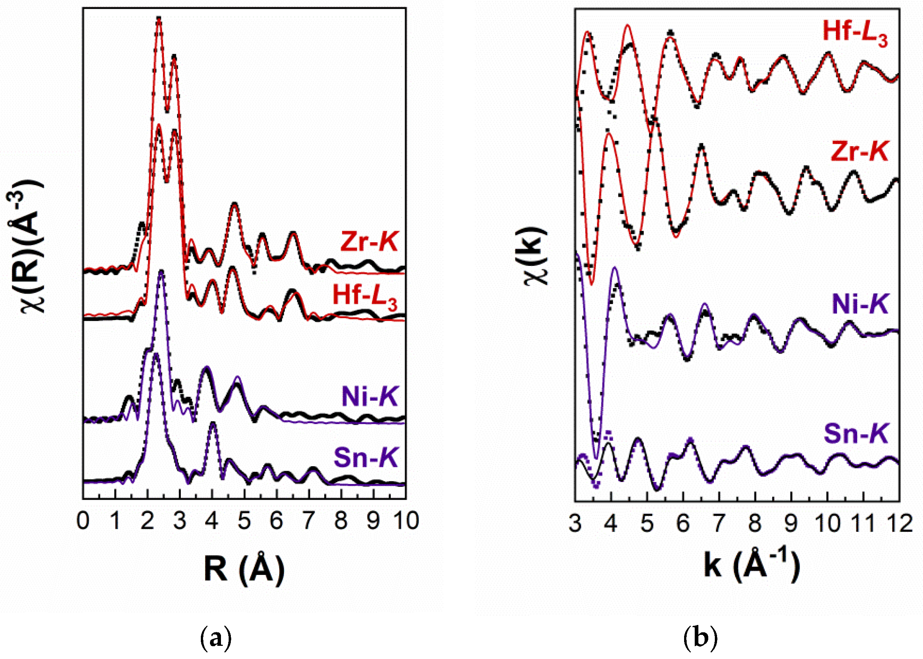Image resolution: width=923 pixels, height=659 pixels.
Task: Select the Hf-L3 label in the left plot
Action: click(364, 296)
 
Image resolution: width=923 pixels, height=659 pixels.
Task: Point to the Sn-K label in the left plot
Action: click(365, 458)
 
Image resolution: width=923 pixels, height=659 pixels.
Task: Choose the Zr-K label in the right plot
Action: click(859, 152)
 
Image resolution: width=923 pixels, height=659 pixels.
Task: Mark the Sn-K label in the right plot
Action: click(856, 433)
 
